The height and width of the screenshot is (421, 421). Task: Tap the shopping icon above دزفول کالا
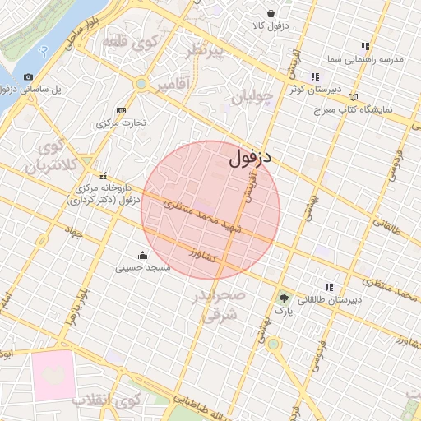(x=271, y=12)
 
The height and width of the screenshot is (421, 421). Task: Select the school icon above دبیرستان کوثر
(x=315, y=76)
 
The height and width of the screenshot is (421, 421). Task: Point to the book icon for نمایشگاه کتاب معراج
(x=354, y=96)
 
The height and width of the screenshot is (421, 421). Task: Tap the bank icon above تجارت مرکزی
(x=123, y=110)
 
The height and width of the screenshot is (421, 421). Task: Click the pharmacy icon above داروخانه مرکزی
(x=104, y=175)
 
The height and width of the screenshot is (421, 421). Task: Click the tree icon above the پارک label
(x=284, y=298)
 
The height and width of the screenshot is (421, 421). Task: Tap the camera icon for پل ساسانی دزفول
(x=29, y=76)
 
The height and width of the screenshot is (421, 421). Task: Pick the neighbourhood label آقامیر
(x=172, y=84)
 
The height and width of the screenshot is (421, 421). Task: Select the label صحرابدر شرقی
(x=220, y=303)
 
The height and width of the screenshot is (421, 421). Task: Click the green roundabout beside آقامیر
(x=141, y=84)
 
